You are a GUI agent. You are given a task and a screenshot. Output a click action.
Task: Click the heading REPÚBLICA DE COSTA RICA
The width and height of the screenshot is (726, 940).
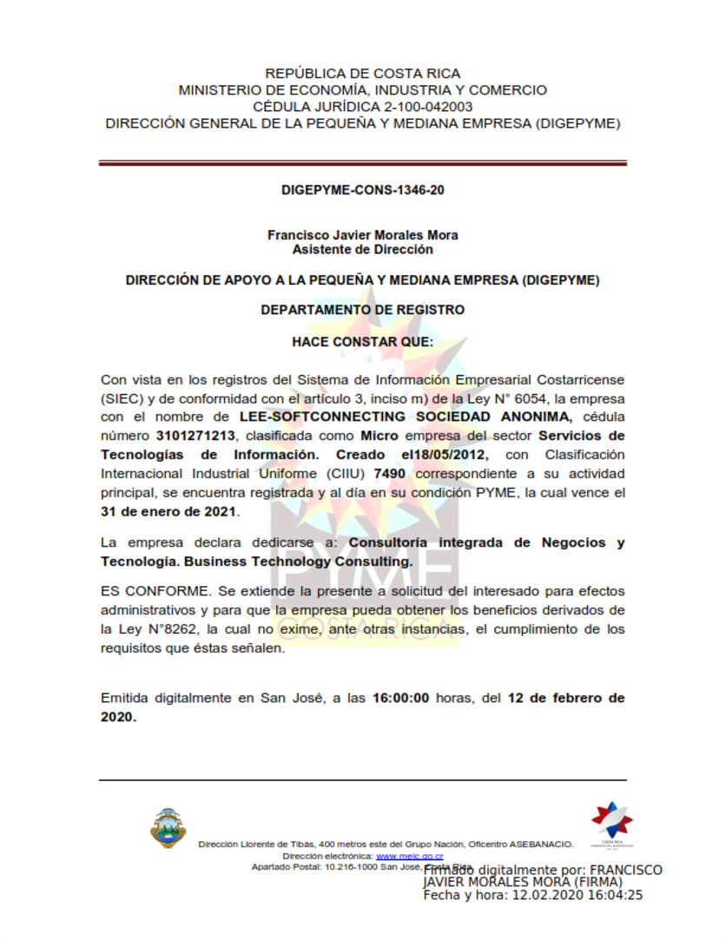click(363, 74)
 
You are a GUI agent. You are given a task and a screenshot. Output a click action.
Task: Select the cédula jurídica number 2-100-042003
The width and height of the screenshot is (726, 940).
click(426, 107)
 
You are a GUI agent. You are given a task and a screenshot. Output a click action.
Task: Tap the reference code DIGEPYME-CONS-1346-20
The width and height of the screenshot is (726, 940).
click(363, 189)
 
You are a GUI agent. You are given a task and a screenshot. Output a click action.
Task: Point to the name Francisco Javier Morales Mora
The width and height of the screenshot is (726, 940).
click(363, 235)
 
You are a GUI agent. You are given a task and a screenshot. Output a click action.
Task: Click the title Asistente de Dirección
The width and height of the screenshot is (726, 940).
click(363, 249)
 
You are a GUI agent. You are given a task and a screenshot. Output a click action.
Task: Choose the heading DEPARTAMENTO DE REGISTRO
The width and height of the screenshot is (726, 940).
click(363, 309)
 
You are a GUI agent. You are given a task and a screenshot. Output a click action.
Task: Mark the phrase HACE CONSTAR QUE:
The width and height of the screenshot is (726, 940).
click(363, 342)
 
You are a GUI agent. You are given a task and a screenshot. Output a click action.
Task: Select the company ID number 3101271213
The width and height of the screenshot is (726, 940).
click(195, 435)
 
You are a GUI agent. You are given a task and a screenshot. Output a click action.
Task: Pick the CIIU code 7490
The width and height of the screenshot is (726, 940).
click(393, 473)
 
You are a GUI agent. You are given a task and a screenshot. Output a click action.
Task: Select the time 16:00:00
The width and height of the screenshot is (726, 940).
click(401, 698)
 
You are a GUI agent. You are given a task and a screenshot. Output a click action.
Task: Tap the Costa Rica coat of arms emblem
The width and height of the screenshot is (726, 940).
click(168, 827)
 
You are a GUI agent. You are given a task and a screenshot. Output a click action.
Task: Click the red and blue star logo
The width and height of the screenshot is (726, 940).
click(612, 820)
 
